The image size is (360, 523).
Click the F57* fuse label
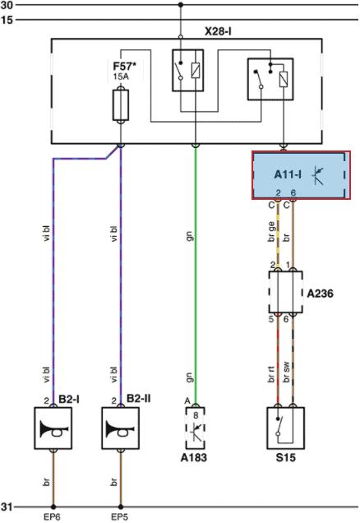pyautogui.click(x=124, y=66)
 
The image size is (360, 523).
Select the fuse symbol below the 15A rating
pyautogui.click(x=121, y=105)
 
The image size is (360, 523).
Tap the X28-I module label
pyautogui.click(x=218, y=31)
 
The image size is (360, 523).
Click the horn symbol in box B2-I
pyautogui.click(x=54, y=428)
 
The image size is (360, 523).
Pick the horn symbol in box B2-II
pyautogui.click(x=120, y=428)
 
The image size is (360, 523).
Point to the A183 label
pyautogui.click(x=193, y=457)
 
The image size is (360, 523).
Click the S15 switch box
pyautogui.click(x=286, y=428)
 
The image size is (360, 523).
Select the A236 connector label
pyautogui.click(x=320, y=294)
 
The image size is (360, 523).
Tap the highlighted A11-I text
pyautogui.click(x=288, y=174)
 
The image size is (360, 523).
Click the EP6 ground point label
pyautogui.click(x=52, y=517)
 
